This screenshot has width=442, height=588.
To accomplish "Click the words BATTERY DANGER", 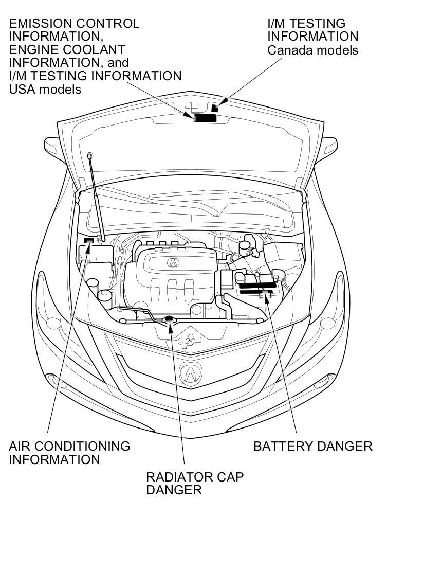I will point(312,446).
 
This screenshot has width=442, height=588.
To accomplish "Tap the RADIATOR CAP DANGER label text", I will point(194,483).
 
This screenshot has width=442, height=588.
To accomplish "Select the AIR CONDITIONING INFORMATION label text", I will point(69,453).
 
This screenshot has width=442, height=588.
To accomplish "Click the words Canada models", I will point(312,50).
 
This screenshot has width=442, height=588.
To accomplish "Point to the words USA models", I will point(45,89).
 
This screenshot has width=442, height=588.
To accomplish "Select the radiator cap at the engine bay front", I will point(169,320).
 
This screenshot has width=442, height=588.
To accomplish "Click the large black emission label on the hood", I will point(205,118).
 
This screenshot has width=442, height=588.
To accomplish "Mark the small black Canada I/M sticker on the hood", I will point(215,108).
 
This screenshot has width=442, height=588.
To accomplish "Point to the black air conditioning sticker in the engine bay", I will point(89,240).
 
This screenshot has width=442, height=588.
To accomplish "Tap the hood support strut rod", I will point(96,195).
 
